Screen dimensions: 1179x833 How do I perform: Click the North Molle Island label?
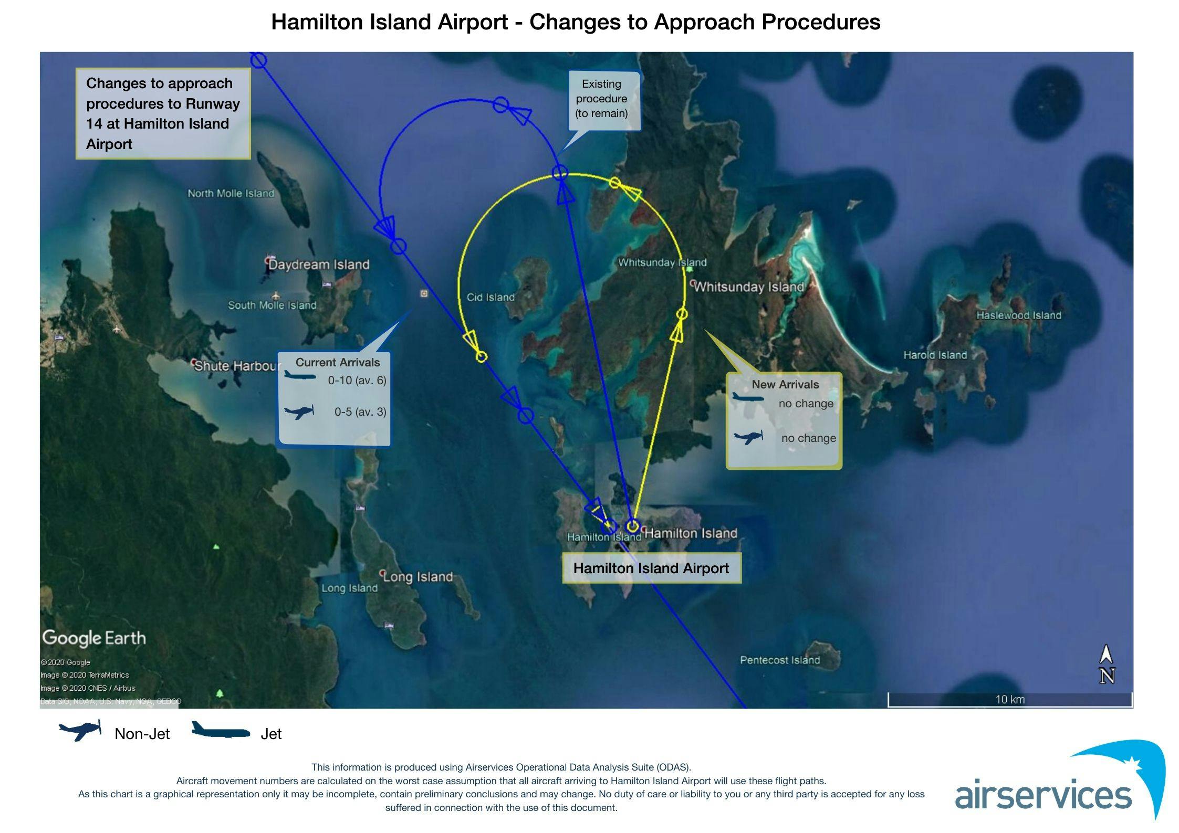point(231,193)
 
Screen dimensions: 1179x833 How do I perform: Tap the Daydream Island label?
point(319,264)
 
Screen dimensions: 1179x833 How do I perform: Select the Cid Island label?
point(491,297)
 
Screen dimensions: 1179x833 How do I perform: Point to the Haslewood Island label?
point(1019,315)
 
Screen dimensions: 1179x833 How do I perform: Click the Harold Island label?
point(935,355)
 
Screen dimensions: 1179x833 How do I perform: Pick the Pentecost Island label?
point(780,660)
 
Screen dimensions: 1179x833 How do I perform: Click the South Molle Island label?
point(272,305)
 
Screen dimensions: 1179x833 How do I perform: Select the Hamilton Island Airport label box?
point(652,568)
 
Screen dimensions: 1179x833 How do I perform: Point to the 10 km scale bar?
point(1010,700)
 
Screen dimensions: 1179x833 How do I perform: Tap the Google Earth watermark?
point(94,638)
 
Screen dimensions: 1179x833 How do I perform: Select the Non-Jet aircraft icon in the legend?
point(80,730)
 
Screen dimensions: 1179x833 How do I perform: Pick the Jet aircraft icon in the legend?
point(221,730)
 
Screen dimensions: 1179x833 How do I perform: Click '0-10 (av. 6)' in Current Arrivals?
point(357,380)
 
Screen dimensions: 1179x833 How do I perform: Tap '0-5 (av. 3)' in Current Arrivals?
point(360,412)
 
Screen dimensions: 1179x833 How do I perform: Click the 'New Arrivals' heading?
point(785,384)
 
